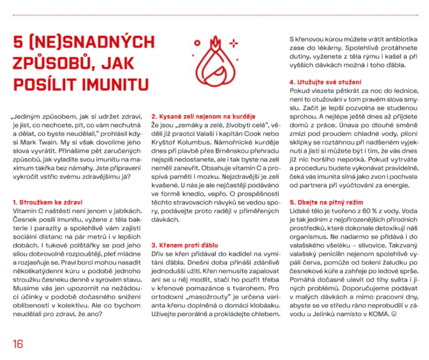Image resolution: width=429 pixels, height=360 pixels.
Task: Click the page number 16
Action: tap(18, 344)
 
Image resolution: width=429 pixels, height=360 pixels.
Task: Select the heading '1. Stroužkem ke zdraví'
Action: tap(47, 202)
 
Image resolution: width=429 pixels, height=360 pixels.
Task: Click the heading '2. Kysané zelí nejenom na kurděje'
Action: tap(203, 116)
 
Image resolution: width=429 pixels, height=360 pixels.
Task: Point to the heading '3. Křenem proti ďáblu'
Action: tap(185, 245)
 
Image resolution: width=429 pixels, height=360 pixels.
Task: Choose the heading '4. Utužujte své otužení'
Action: tap(325, 82)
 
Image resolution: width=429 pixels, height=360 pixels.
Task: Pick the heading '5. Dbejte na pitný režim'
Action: tap(326, 202)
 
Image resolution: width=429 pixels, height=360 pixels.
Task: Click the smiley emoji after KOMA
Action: tap(394, 314)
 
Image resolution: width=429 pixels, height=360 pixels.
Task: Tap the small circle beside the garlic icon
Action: tap(197, 43)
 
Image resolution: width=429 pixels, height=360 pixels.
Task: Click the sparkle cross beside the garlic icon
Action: tap(234, 44)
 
